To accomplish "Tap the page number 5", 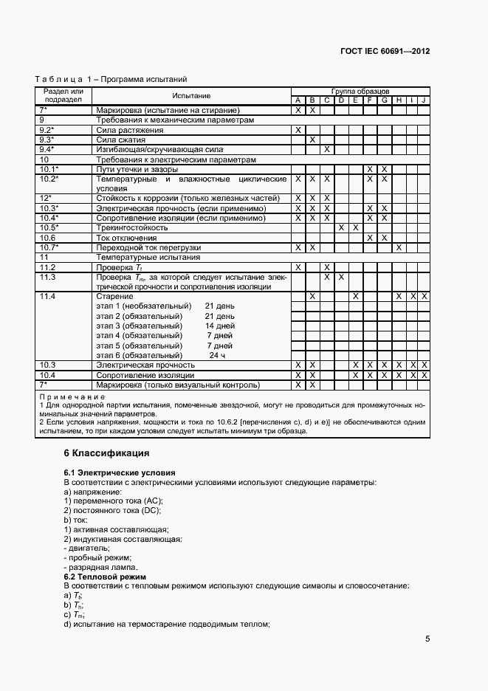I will (427, 639).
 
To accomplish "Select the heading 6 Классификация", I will (106, 453).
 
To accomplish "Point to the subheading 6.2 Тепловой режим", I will (105, 577).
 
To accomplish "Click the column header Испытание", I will (191, 96).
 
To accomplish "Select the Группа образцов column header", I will (360, 91).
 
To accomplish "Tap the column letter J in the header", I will (424, 100).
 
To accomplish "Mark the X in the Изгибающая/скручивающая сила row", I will (326, 149).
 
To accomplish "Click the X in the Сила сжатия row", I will (312, 140).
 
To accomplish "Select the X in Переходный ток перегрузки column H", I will (399, 248).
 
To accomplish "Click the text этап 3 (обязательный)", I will (139, 326).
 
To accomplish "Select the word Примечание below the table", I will (68, 397).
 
